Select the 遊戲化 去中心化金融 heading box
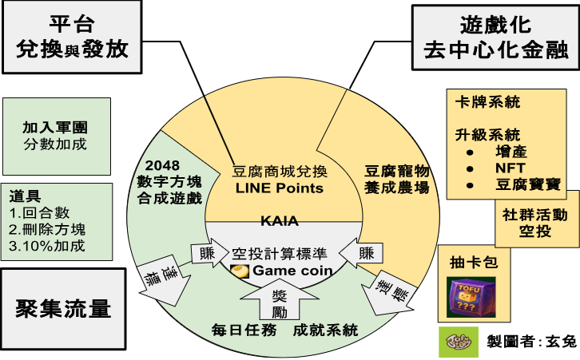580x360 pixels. pos(495,37)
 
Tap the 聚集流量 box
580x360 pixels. pos(62,308)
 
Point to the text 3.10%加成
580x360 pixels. pos(47,246)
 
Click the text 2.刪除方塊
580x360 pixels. pos(46,229)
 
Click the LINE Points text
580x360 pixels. pos(280,188)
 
